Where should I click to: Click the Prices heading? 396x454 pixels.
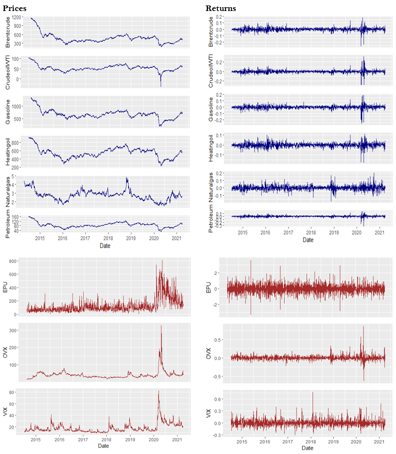15,8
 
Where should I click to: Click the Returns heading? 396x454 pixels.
221,8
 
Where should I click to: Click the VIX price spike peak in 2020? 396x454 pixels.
158,391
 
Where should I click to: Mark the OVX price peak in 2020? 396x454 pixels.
161,326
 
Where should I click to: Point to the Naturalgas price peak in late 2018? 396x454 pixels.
127,178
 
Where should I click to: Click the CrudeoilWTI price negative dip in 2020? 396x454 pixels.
161,86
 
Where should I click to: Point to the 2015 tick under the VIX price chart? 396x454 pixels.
36,440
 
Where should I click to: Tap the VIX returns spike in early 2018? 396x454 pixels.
313,392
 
